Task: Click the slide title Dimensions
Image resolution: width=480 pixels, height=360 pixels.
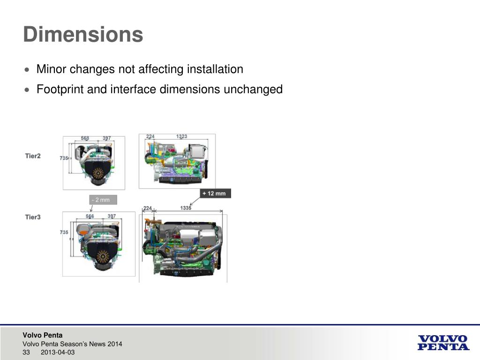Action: point(83,35)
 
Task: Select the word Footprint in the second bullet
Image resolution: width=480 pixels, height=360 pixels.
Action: point(60,89)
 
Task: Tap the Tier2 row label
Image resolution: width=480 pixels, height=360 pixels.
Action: point(33,156)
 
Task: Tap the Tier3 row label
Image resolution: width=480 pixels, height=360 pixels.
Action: point(33,217)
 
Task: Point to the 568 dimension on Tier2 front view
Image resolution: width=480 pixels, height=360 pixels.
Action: point(85,138)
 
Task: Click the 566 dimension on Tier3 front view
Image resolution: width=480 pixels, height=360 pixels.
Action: point(90,216)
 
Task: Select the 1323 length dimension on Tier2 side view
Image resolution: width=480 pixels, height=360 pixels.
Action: point(181,136)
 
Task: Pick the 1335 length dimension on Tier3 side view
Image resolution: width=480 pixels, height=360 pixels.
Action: point(186,208)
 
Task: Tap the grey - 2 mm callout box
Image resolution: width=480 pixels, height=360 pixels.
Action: point(102,200)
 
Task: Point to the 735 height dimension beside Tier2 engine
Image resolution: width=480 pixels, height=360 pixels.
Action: point(64,158)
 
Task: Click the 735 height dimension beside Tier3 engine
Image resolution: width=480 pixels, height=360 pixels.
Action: point(64,232)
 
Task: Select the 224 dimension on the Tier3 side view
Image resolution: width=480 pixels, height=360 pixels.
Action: point(147,208)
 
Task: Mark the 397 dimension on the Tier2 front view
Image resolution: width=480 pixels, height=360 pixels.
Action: point(106,138)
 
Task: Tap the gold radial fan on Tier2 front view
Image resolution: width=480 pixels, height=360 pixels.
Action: point(98,174)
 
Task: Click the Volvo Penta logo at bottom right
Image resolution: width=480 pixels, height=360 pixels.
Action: point(442,343)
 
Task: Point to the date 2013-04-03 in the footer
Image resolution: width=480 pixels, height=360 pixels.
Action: point(58,352)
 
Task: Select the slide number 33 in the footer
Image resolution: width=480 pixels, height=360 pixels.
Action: point(26,352)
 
